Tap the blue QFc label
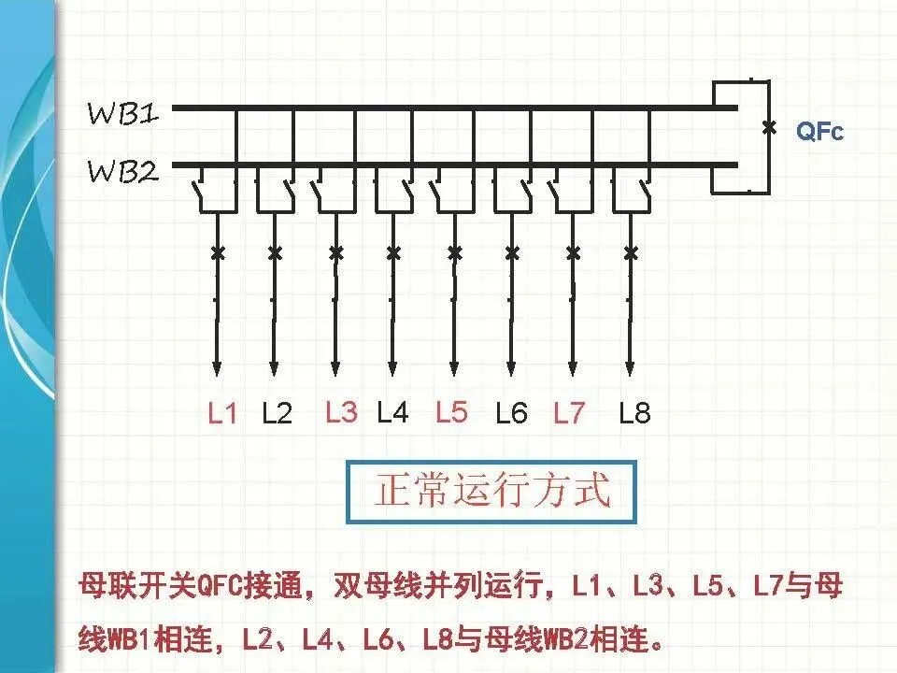pyautogui.click(x=819, y=133)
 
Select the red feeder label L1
pyautogui.click(x=222, y=413)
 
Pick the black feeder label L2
pyautogui.click(x=278, y=413)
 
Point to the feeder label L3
pyautogui.click(x=341, y=411)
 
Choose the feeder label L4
pyautogui.click(x=393, y=411)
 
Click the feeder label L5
pyautogui.click(x=451, y=411)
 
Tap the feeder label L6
pyautogui.click(x=511, y=413)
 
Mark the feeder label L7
pyautogui.click(x=568, y=413)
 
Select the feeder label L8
pyautogui.click(x=634, y=413)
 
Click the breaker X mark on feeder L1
pyautogui.click(x=217, y=252)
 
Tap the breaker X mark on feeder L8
pyautogui.click(x=631, y=252)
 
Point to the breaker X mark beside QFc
pyautogui.click(x=769, y=127)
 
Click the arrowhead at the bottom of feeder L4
pyautogui.click(x=393, y=366)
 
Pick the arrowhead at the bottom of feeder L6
pyautogui.click(x=511, y=366)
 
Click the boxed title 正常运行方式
pyautogui.click(x=492, y=491)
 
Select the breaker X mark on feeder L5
pyautogui.click(x=454, y=252)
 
